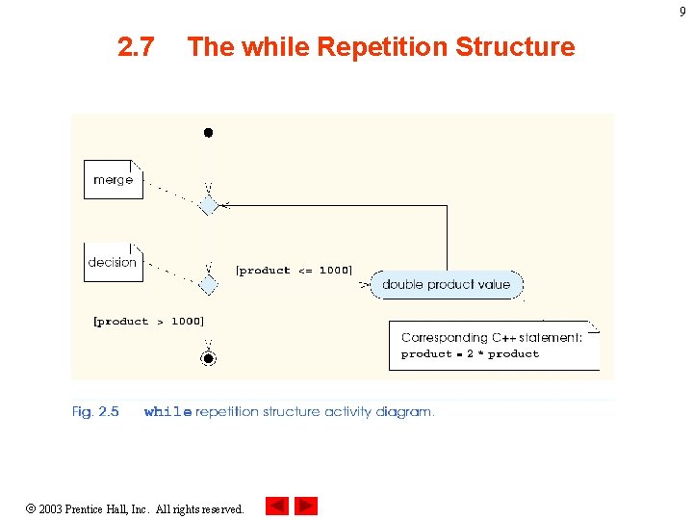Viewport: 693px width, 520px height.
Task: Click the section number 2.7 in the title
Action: [x=136, y=46]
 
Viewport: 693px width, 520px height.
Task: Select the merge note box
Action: [x=114, y=180]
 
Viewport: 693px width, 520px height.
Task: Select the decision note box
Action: [x=113, y=262]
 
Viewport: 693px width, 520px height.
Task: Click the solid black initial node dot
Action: [x=207, y=133]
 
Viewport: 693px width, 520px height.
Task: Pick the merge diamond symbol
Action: [x=208, y=205]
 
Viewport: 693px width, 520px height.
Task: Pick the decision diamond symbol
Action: [x=208, y=285]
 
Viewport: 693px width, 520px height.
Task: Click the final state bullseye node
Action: [x=208, y=359]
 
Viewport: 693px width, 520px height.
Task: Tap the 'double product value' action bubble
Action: [x=447, y=284]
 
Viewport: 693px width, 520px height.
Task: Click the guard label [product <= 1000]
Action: [x=294, y=271]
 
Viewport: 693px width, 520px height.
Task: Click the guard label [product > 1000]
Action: [x=148, y=322]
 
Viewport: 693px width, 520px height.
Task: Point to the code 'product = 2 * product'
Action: [x=470, y=354]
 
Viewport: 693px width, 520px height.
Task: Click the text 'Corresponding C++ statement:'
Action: [x=491, y=338]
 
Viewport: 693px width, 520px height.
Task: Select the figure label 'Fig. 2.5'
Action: [x=96, y=412]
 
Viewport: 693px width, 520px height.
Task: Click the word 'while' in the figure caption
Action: [x=167, y=412]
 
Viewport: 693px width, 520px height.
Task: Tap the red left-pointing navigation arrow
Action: [x=277, y=507]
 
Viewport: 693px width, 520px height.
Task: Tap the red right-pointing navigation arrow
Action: [x=306, y=507]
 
